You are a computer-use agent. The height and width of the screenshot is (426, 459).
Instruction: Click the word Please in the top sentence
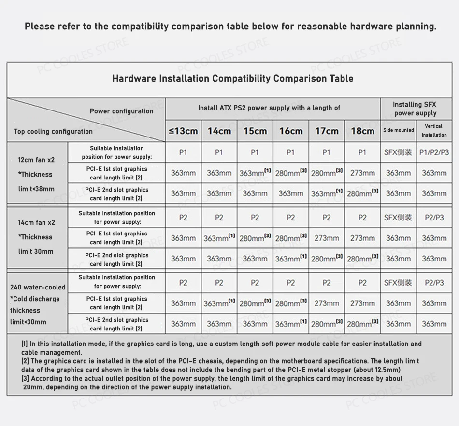[x=40, y=27]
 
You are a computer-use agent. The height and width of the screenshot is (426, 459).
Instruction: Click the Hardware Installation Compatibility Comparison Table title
[x=232, y=79]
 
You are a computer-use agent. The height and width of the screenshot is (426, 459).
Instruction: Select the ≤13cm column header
[x=183, y=131]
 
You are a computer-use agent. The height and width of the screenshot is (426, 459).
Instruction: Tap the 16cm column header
[x=290, y=131]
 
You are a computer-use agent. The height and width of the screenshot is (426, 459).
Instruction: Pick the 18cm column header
[x=362, y=131]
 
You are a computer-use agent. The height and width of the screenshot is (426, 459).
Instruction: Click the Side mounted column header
[x=399, y=130]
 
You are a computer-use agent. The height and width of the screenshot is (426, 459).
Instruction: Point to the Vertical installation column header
[x=434, y=131]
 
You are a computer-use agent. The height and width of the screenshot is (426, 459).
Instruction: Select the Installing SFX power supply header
[x=415, y=109]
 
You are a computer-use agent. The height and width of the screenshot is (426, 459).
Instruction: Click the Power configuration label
[x=121, y=111]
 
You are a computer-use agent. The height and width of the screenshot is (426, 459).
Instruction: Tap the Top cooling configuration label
[x=53, y=131]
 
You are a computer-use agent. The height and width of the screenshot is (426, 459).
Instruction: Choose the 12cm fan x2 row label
[x=37, y=160]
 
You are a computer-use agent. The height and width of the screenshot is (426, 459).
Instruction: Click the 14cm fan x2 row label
[x=37, y=222]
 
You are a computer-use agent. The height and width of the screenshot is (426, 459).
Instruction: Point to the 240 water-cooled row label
[x=38, y=287]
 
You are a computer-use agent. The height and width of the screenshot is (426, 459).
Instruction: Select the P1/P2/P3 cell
[x=434, y=152]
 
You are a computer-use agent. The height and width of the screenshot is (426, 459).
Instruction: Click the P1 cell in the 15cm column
[x=255, y=152]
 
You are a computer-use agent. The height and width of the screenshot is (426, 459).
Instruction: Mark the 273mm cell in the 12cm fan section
[x=362, y=173]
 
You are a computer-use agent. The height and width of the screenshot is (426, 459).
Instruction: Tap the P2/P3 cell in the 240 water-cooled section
[x=434, y=283]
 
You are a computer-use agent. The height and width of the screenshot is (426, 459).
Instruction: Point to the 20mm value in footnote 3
[x=31, y=387]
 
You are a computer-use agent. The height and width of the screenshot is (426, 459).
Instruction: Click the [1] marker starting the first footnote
[x=25, y=344]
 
